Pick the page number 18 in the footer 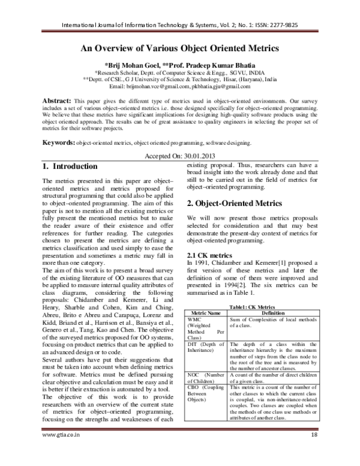point(313,451)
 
